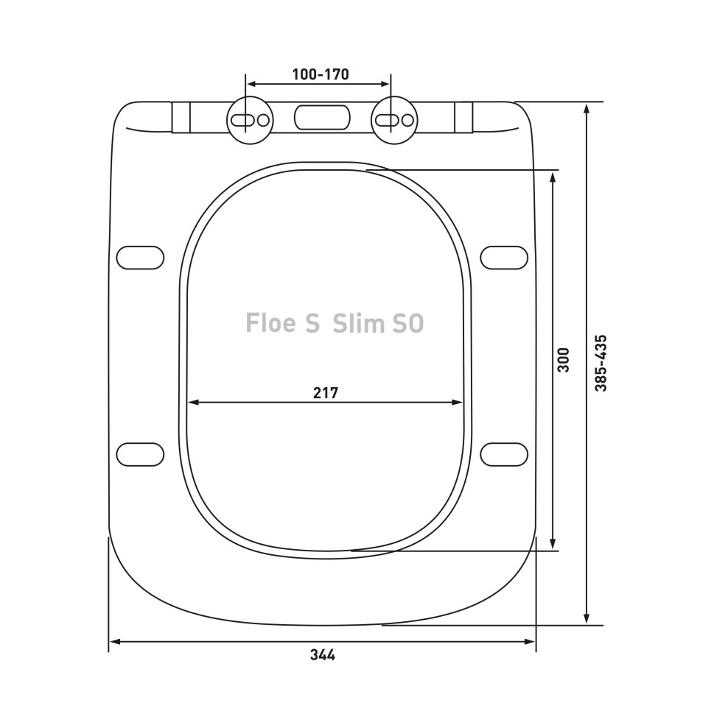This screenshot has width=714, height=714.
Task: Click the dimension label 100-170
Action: pos(320,74)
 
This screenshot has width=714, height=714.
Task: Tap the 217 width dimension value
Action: pos(325,393)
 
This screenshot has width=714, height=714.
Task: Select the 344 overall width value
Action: pos(322,654)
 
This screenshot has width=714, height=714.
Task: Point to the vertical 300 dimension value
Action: pos(564,359)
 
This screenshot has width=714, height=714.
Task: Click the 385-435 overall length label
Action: pos(601,363)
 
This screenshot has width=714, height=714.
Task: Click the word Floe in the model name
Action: pos(271,323)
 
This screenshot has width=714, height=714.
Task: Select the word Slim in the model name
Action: pos(357,323)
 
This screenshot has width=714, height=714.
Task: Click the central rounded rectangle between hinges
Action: pos(322,118)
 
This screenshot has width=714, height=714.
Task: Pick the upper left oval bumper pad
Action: pos(140,258)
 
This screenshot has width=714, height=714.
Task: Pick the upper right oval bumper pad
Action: pos(504,258)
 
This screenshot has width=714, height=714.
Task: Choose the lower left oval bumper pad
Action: pos(140,454)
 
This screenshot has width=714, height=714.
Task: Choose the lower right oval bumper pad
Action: pos(504,454)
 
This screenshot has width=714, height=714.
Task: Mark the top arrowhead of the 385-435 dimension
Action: pos(587,107)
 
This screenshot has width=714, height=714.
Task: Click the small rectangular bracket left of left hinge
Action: pos(181,118)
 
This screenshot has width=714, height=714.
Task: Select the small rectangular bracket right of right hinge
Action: pos(463,118)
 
